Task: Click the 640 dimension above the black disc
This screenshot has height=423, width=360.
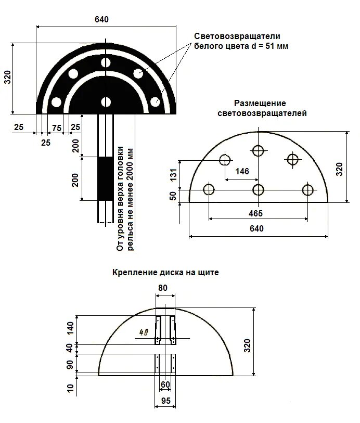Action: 101,19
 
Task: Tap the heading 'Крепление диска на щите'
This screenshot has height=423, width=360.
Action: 165,272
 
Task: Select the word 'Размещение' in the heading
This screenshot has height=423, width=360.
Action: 260,104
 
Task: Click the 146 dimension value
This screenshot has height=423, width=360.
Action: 242,172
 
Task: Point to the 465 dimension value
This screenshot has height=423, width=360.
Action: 255,213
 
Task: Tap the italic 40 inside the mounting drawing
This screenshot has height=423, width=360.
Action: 145,331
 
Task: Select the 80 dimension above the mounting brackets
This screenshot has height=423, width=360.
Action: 163,287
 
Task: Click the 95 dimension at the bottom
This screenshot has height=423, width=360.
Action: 165,401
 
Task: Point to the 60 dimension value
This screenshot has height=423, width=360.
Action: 165,384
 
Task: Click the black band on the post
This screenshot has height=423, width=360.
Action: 106,178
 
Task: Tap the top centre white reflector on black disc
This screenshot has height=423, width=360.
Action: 106,63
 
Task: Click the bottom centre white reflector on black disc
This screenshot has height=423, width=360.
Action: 106,102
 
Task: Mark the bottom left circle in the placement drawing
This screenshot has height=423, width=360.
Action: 209,189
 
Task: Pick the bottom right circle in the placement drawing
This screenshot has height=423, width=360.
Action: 307,189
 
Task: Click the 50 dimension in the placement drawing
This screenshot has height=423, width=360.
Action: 174,196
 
